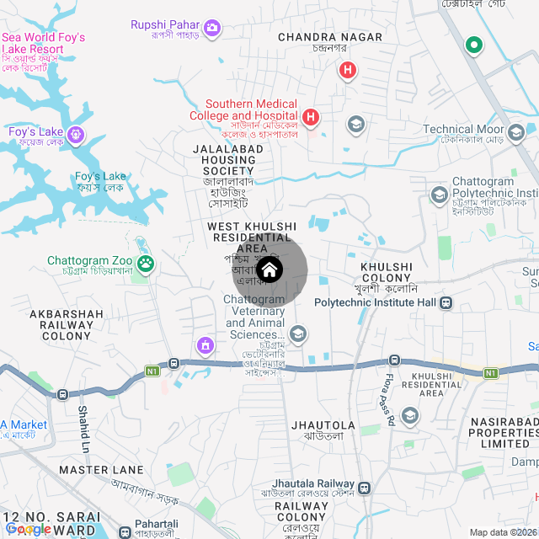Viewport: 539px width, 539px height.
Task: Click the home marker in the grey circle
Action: coord(269,270)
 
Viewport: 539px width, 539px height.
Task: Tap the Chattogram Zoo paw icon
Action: coord(147,264)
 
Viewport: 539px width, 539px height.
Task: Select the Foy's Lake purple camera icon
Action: coord(77,134)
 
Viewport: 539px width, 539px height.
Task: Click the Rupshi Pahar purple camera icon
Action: coord(212,29)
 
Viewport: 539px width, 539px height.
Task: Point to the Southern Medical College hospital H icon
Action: coord(311,116)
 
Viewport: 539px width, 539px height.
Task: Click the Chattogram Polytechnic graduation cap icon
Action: coord(439,195)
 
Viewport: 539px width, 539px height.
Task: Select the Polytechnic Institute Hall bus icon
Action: coord(446,302)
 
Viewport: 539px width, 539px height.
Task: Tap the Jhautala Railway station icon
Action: coord(364,488)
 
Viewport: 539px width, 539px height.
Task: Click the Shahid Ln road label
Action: coord(84,425)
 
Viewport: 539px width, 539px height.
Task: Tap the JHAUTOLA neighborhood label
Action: coord(323,425)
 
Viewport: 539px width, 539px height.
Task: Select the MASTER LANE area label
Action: coord(102,469)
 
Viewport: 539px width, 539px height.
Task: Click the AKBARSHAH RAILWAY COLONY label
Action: coord(67,325)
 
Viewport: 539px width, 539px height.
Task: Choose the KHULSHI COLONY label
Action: coord(386,272)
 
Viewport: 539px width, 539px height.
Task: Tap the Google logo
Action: coord(27,529)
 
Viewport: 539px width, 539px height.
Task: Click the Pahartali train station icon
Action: coord(125,532)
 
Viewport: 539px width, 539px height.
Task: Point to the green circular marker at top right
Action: coord(474,45)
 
